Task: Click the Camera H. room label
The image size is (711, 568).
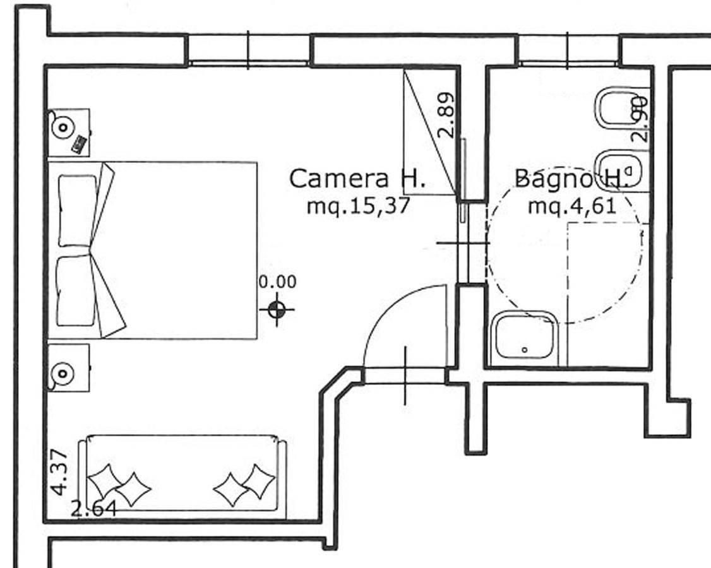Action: (x=357, y=179)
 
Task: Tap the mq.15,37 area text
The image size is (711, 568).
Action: (x=358, y=206)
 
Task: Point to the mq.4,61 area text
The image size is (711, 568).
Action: (x=572, y=206)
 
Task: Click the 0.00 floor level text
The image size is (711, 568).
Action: (x=277, y=281)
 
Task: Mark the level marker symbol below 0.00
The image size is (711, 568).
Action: (x=277, y=311)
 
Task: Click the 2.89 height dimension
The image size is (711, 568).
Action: (x=446, y=115)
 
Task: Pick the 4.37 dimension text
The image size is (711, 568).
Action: (x=60, y=472)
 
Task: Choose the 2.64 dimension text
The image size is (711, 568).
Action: (x=94, y=509)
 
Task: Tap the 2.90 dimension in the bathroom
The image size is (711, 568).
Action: (x=640, y=119)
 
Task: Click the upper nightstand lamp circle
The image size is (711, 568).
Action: (x=63, y=128)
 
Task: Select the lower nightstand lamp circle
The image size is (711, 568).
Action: (x=63, y=374)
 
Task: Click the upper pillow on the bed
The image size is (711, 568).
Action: (x=77, y=211)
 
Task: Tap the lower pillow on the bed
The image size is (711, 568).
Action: (x=76, y=291)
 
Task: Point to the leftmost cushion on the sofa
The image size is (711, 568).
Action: (x=105, y=480)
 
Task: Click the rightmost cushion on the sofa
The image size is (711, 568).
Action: (x=258, y=481)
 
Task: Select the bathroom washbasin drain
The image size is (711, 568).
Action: (x=525, y=350)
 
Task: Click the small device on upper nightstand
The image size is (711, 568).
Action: (x=80, y=144)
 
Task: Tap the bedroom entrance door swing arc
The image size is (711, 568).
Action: (x=399, y=317)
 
